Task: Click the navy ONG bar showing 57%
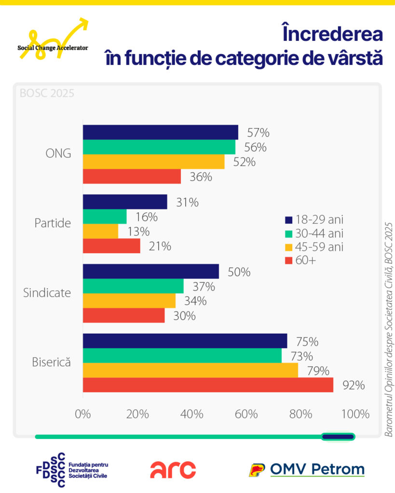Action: coord(161,132)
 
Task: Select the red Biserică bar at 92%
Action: coord(208,385)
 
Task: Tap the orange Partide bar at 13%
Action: coord(100,231)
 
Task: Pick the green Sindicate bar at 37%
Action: coord(133,286)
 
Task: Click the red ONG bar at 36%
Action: coord(132,176)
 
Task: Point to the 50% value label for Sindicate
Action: coord(239,272)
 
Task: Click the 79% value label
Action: coord(318,371)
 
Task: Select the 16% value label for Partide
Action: coord(147,217)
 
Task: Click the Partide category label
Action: coord(53,223)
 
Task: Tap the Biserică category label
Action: coord(51,362)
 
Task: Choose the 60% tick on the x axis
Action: coord(246,414)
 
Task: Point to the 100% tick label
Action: coord(355,414)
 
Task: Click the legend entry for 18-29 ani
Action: coord(314,220)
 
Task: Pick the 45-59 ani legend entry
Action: coord(314,247)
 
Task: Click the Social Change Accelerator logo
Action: coord(53,39)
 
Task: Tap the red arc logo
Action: coord(173,470)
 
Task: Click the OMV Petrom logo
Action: coord(306,470)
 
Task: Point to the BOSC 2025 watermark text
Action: coord(47,93)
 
